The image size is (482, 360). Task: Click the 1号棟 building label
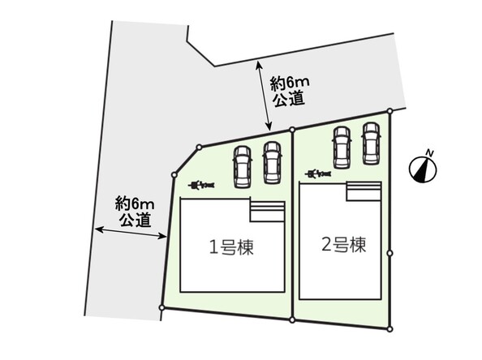pos(231,247)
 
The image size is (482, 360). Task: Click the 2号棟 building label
pos(344,245)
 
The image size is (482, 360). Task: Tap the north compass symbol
pos(423,169)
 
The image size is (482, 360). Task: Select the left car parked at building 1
pos(242,167)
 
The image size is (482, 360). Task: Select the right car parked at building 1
pos(272,163)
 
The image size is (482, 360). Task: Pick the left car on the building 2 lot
pos(342,148)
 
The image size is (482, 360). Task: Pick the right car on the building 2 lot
pos(371,144)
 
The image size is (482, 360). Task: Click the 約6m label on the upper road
pos(290,84)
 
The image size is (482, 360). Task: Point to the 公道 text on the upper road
pos(289,99)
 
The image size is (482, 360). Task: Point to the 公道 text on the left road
pos(136,219)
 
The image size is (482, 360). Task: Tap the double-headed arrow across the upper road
pos(264,96)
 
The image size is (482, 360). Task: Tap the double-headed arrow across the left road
pos(131,233)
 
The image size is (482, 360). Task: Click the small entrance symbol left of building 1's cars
pos(201,185)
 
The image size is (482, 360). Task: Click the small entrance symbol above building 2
pos(318,174)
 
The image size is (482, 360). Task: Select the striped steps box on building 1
pos(268,212)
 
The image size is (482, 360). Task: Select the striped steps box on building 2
pos(364,191)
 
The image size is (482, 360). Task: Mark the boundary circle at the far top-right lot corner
pos(389,111)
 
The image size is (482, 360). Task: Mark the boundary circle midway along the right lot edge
pos(389,253)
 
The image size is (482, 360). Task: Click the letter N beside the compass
pos(429,152)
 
